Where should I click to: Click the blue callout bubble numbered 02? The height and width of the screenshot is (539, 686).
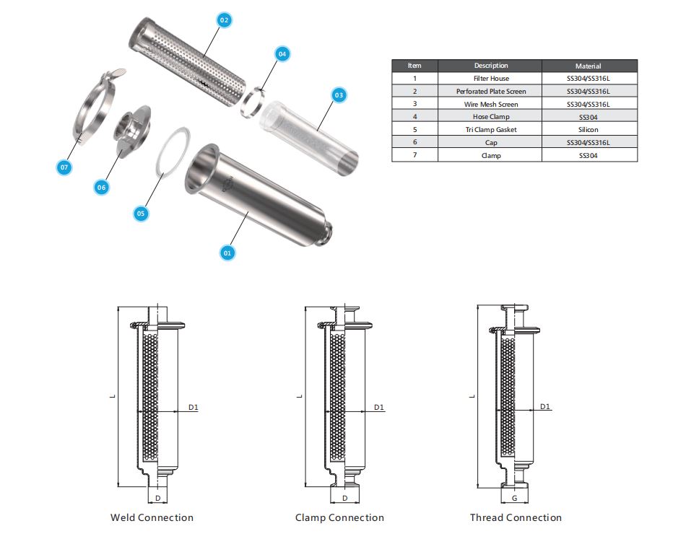224,20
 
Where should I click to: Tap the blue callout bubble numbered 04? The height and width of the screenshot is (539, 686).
282,54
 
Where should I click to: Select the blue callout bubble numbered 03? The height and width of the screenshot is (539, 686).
339,95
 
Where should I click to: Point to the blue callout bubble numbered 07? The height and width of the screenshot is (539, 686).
64,167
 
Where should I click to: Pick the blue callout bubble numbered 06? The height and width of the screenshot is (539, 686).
102,188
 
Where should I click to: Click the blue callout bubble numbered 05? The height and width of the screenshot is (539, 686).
140,214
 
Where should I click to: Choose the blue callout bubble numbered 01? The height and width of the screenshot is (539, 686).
227,253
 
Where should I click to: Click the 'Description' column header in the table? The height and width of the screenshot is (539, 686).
491,66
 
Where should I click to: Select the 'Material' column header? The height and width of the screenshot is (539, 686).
588,66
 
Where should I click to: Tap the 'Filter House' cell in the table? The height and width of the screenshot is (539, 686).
491,79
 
